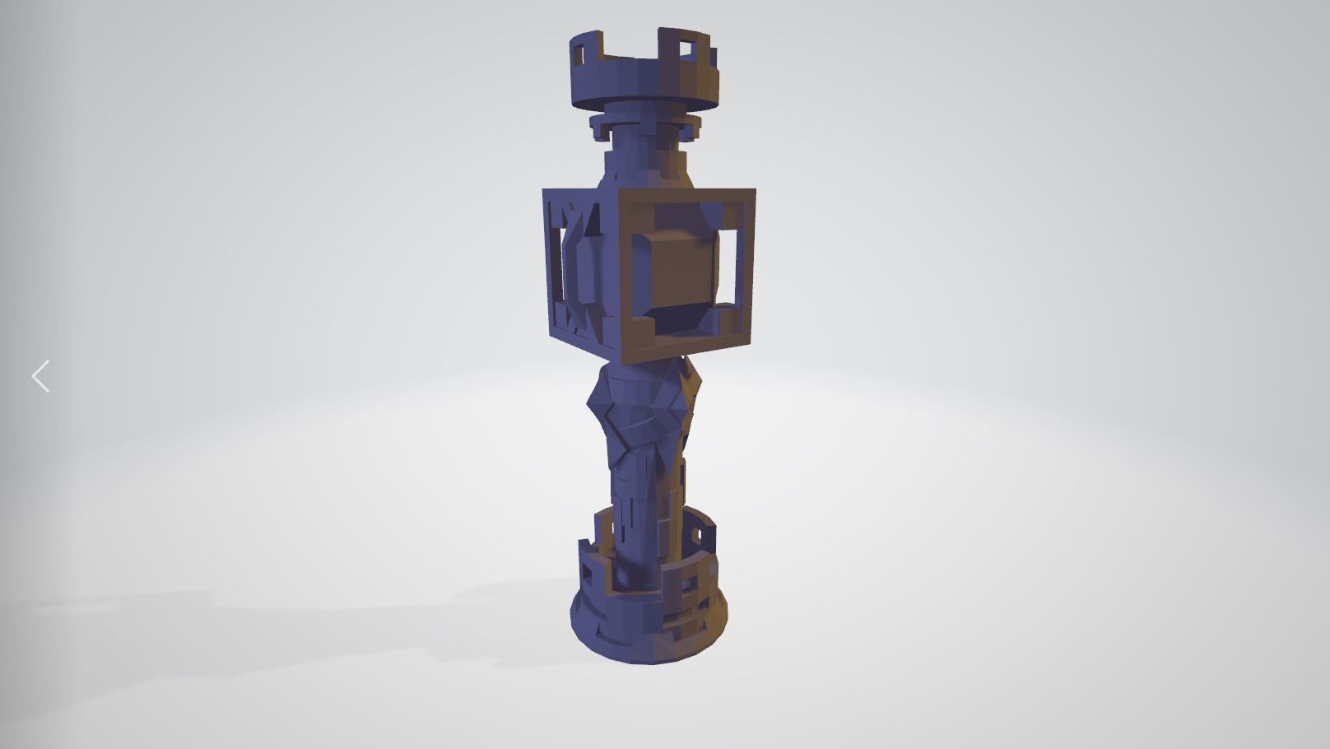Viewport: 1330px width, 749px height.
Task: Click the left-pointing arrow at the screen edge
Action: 40,376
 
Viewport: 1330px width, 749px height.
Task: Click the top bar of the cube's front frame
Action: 686,197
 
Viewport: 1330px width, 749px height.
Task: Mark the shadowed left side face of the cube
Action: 576,263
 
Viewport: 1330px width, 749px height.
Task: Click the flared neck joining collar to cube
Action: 644,169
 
